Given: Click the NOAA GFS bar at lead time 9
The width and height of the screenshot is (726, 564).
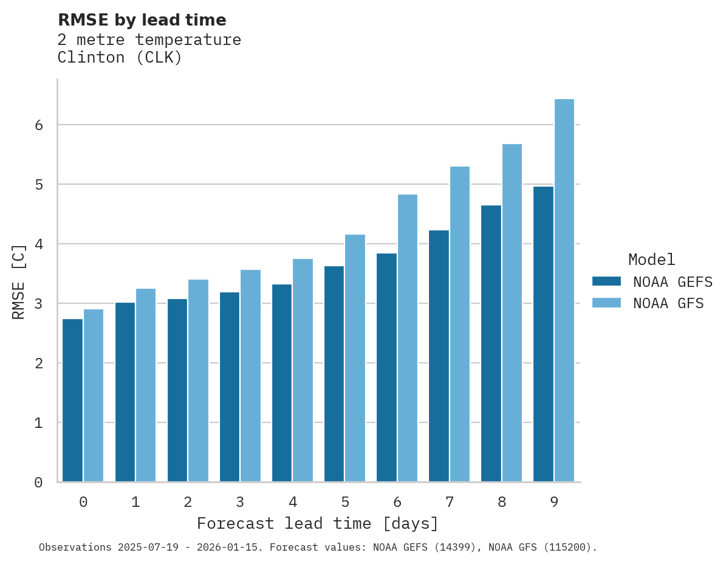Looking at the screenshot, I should (564, 291).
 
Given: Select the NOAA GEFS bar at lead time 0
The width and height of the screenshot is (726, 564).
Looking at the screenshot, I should (73, 400).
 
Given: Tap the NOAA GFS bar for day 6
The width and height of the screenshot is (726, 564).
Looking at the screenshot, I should (408, 338).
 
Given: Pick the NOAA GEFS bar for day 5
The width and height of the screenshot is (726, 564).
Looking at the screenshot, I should (334, 374).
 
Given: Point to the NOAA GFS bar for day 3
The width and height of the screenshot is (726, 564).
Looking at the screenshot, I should (251, 376).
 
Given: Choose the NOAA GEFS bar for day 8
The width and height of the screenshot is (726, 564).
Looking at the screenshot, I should (491, 343).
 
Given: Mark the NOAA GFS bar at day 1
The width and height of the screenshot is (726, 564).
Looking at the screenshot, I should (146, 385).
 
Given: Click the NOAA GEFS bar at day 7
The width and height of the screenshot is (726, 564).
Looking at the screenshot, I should (439, 356).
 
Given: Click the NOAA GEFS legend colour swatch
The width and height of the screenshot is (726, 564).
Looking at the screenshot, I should (606, 281).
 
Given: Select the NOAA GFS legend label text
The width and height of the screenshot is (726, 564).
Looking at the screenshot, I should (668, 303).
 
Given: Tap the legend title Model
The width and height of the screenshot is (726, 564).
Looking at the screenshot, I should (651, 260).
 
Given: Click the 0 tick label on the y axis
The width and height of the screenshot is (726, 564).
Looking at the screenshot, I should (38, 483).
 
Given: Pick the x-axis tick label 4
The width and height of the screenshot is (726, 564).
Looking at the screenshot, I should (293, 502).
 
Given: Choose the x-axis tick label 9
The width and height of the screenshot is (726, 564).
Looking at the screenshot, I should (554, 502).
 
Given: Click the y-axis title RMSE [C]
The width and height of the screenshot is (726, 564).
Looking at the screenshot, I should (19, 281).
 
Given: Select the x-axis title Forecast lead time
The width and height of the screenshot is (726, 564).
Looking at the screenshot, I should (317, 523).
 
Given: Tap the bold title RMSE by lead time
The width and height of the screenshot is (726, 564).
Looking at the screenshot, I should (142, 20).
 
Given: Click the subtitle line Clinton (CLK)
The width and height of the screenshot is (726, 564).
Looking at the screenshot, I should (120, 58).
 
